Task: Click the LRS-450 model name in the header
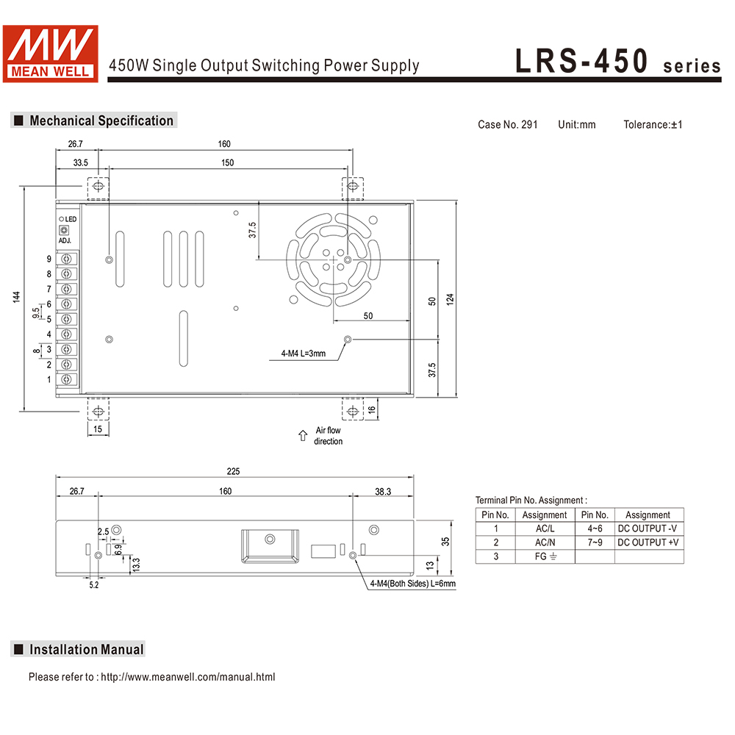click(x=581, y=62)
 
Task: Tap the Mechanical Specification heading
click(x=101, y=121)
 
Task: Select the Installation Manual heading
click(x=86, y=649)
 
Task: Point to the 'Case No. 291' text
click(x=507, y=124)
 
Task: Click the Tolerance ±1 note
click(x=653, y=124)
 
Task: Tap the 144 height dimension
click(x=15, y=296)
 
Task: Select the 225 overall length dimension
click(x=234, y=471)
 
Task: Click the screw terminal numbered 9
click(x=68, y=259)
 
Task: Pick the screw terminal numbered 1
click(x=68, y=379)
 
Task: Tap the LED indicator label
click(x=71, y=219)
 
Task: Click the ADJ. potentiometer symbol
click(x=63, y=231)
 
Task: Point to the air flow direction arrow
click(x=302, y=436)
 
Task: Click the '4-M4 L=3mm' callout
click(x=303, y=354)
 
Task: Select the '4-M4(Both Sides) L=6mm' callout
click(x=412, y=584)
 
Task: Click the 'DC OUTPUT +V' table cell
click(x=648, y=542)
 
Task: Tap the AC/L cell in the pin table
click(x=544, y=528)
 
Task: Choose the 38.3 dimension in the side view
click(x=383, y=491)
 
